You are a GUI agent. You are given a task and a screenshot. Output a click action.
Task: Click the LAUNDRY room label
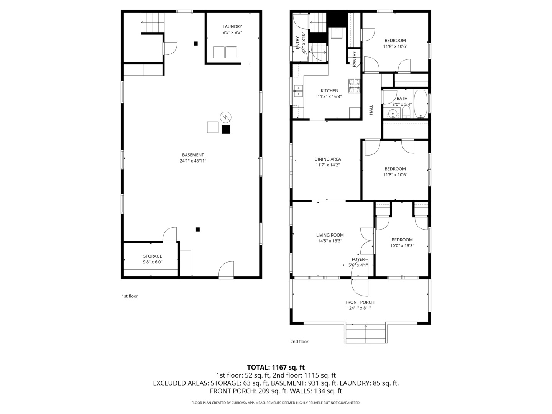pyautogui.click(x=232, y=30)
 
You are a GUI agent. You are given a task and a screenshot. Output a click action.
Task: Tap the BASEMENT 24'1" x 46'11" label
pyautogui.click(x=193, y=158)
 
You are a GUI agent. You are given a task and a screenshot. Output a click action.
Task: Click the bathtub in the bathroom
pyautogui.click(x=420, y=103)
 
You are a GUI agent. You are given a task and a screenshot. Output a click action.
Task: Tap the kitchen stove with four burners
pyautogui.click(x=354, y=86)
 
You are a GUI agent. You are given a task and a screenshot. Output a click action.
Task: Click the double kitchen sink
pyautogui.click(x=298, y=91)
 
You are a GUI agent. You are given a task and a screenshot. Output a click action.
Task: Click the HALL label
pyautogui.click(x=371, y=110)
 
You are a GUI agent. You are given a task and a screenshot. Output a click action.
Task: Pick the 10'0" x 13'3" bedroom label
pyautogui.click(x=402, y=243)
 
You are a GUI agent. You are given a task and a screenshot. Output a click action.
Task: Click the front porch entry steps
pyautogui.click(x=365, y=334)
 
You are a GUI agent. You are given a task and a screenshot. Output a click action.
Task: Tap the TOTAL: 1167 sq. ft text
pyautogui.click(x=276, y=367)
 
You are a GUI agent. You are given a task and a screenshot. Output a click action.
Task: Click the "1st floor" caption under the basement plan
pyautogui.click(x=130, y=296)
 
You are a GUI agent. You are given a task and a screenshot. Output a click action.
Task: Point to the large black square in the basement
pyautogui.click(x=226, y=130)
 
